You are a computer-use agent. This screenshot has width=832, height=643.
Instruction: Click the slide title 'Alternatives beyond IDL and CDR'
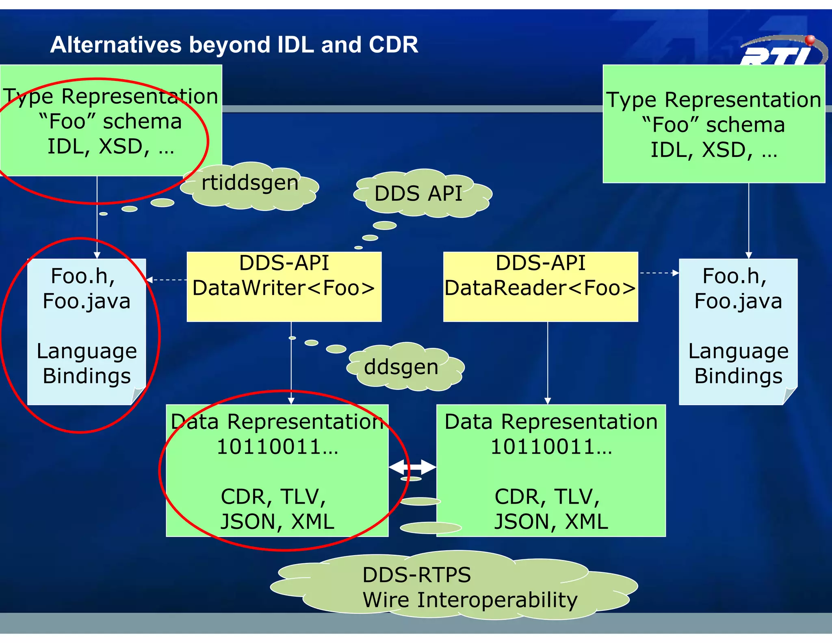coord(234,44)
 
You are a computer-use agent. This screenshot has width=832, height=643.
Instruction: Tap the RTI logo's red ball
coord(810,40)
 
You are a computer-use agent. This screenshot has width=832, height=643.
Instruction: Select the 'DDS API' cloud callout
coord(418,193)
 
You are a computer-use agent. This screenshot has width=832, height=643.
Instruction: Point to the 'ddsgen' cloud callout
coord(401,367)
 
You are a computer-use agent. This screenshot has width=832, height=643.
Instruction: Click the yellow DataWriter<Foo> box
coord(284,287)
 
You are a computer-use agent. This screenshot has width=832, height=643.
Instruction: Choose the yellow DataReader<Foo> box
coord(540,287)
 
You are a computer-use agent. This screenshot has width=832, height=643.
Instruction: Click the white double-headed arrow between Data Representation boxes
coord(412,467)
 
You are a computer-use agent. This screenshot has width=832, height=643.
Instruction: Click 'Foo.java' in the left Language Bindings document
coord(87,301)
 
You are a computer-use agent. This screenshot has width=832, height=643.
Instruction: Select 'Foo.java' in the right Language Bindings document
coord(738,301)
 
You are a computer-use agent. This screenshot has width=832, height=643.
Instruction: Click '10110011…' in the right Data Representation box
coord(551,447)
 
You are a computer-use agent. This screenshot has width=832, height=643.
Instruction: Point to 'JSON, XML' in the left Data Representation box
coord(277,521)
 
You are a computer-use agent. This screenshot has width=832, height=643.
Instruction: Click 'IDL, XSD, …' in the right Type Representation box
coord(714,150)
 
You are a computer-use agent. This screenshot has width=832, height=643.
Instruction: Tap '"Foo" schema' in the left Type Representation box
coord(110,122)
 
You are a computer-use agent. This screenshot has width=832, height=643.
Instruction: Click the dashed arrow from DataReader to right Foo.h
coord(659,273)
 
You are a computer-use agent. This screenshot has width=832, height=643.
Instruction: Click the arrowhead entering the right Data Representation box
coord(548,401)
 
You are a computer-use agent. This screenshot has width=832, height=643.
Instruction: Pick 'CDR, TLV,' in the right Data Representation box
coord(547,497)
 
